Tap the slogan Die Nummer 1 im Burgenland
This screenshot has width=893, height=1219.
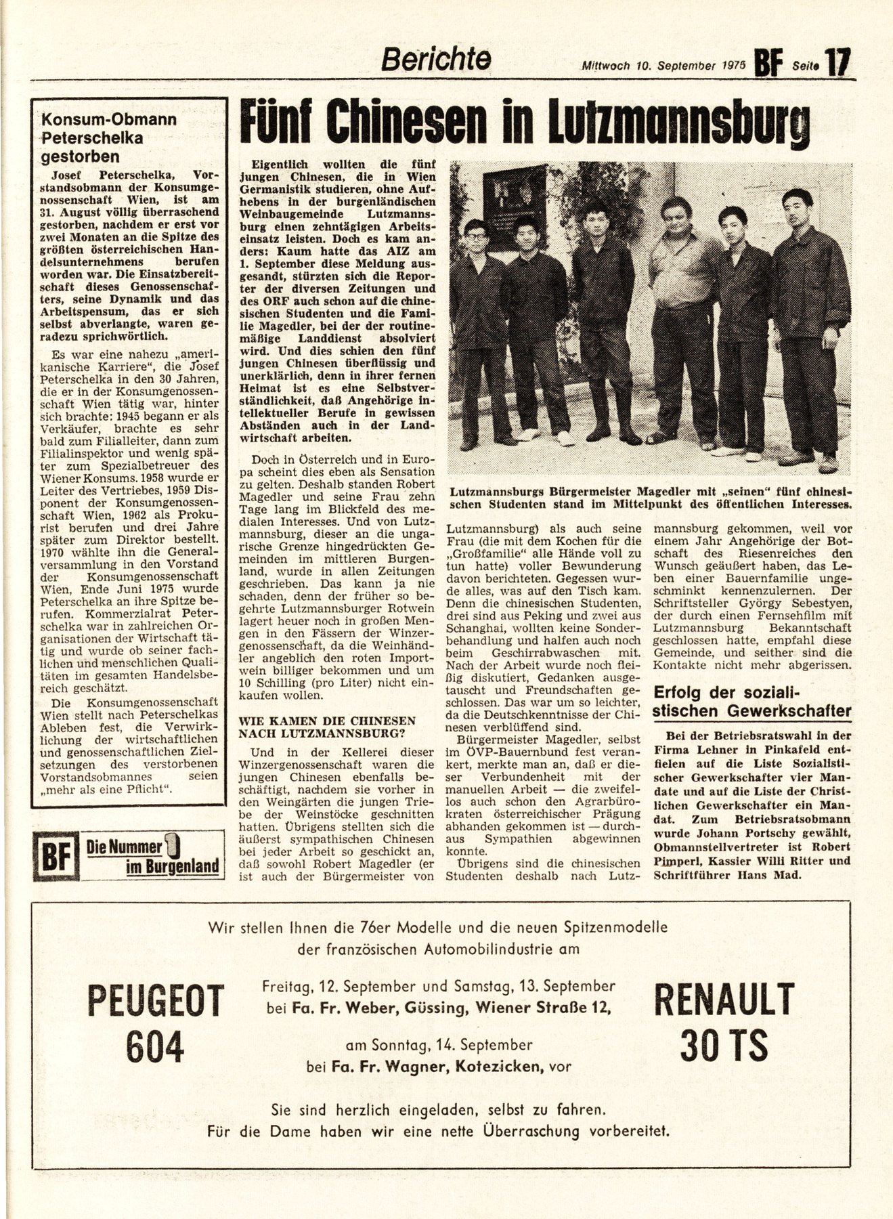tap(153, 857)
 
